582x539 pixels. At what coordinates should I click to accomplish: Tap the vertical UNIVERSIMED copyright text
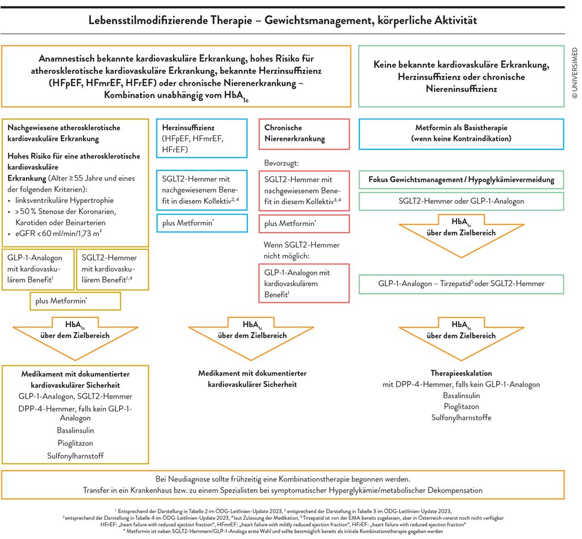click(x=575, y=73)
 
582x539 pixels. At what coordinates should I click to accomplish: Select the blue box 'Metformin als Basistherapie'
click(x=462, y=134)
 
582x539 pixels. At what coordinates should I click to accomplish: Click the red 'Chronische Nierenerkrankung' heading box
click(x=304, y=134)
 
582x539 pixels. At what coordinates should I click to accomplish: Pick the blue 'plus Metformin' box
click(x=202, y=223)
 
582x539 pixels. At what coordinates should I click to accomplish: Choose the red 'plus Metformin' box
click(x=304, y=224)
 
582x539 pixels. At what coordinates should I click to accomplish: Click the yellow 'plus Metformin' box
click(x=76, y=301)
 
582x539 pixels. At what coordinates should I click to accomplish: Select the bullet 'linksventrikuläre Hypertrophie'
click(x=61, y=200)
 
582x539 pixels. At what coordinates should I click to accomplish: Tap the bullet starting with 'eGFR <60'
click(x=55, y=233)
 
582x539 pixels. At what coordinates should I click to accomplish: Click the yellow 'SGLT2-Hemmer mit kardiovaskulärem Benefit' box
click(x=113, y=269)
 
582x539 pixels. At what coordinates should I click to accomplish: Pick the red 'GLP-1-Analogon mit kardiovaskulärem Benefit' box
click(x=304, y=283)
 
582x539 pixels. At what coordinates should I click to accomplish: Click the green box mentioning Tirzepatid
click(x=462, y=284)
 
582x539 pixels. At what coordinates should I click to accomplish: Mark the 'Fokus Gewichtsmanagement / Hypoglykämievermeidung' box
click(x=462, y=179)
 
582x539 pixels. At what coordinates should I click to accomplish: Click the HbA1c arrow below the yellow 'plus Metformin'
click(x=76, y=338)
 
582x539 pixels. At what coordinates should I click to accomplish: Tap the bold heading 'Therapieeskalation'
click(x=462, y=373)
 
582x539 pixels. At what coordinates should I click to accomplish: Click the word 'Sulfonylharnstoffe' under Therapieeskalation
click(x=462, y=417)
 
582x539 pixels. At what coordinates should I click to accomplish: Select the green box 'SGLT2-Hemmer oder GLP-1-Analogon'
click(x=462, y=201)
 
